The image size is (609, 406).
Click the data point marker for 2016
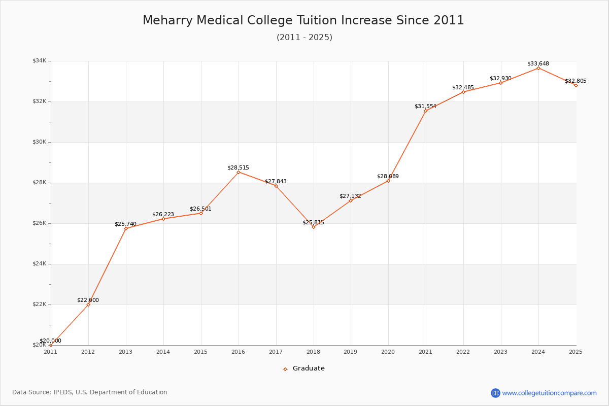pyautogui.click(x=239, y=172)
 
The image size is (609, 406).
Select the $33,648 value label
pyautogui.click(x=538, y=64)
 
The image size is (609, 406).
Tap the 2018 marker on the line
pyautogui.click(x=314, y=227)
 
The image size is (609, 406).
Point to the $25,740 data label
pyautogui.click(x=125, y=224)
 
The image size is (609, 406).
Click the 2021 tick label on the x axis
pyautogui.click(x=425, y=352)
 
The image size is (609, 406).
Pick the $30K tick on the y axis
pyautogui.click(x=39, y=142)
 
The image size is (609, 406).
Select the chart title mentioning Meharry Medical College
pyautogui.click(x=303, y=20)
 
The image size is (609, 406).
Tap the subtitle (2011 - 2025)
pyautogui.click(x=304, y=38)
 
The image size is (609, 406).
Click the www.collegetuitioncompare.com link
pyautogui.click(x=549, y=393)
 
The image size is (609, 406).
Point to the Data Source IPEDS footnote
pyautogui.click(x=90, y=392)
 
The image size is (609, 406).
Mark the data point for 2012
pyautogui.click(x=88, y=304)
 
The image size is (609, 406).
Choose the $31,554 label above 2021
pyautogui.click(x=425, y=106)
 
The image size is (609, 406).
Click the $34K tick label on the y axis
pyautogui.click(x=39, y=61)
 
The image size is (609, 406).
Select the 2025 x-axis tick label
pyautogui.click(x=576, y=352)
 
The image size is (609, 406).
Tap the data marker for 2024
pyautogui.click(x=538, y=68)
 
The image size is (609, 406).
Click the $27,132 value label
pyautogui.click(x=350, y=196)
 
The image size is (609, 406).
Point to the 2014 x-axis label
pyautogui.click(x=163, y=352)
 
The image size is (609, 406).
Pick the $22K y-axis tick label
pyautogui.click(x=39, y=304)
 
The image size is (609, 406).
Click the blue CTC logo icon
pyautogui.click(x=495, y=393)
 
